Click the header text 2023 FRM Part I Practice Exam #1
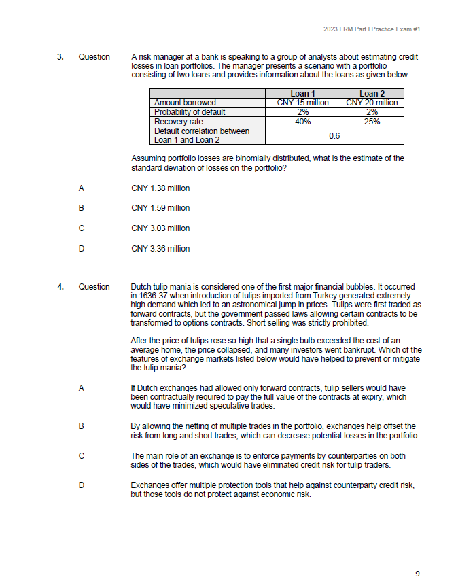(x=372, y=29)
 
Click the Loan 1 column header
(x=302, y=93)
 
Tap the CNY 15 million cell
(x=302, y=103)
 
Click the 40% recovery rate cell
(x=302, y=122)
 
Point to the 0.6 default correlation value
(x=334, y=135)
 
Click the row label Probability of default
(x=190, y=112)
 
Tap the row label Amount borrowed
(x=185, y=103)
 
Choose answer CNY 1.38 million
(x=160, y=188)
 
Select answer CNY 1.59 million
(x=160, y=208)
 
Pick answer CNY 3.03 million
(x=160, y=228)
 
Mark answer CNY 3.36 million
(x=160, y=249)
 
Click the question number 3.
(x=60, y=56)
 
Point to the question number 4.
(x=60, y=287)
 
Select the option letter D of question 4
(x=82, y=485)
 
